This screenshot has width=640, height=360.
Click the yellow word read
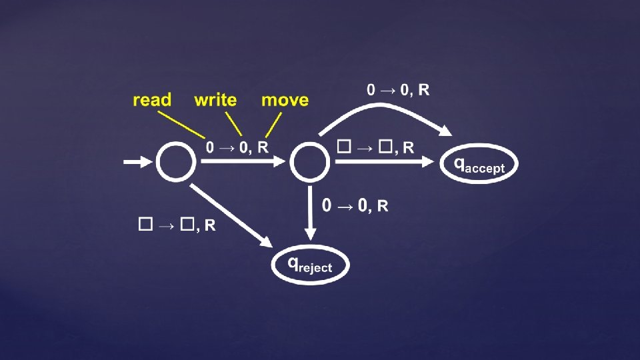pos(152,100)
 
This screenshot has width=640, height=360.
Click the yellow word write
pos(215,100)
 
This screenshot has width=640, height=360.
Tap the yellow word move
pos(285,100)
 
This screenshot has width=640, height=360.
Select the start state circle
pos(176,161)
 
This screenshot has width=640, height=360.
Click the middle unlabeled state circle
pos(309,161)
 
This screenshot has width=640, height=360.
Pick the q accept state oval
pos(478,165)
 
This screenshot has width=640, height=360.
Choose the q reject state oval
pos(310,265)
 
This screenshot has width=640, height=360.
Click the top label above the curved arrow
pos(398,90)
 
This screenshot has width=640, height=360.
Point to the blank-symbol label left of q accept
pos(375,147)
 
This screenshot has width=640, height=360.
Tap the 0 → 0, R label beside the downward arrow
pos(355,205)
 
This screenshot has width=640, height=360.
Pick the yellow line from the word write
pos(233,124)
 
